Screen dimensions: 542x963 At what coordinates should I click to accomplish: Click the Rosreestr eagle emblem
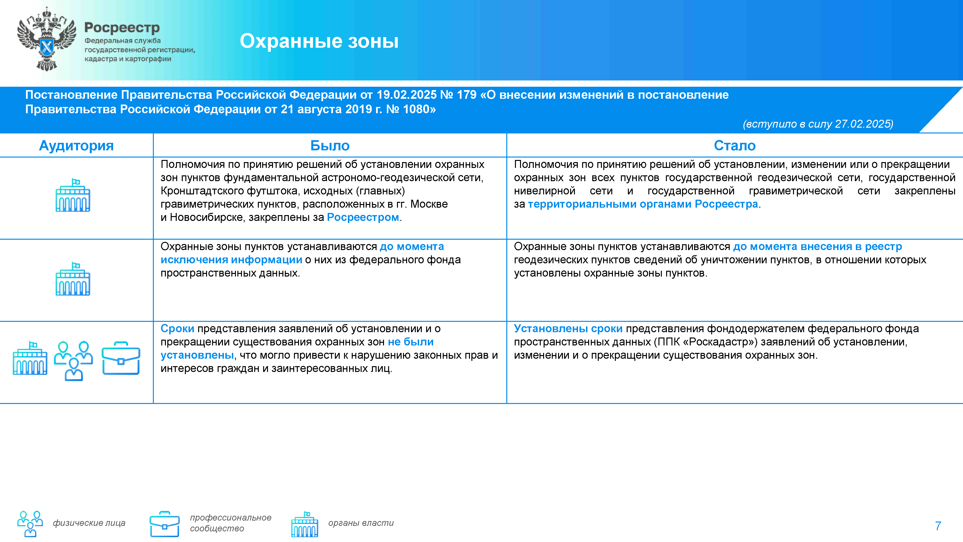click(x=46, y=39)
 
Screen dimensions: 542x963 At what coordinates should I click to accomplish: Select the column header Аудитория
click(x=76, y=145)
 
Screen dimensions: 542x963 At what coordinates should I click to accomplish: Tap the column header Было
click(x=330, y=145)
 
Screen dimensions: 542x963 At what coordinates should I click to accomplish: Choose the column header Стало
click(x=735, y=145)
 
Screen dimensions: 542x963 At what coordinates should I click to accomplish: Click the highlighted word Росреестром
click(x=363, y=217)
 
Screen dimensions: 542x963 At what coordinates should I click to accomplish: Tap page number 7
click(x=937, y=526)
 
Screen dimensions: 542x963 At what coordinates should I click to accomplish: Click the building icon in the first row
click(x=73, y=195)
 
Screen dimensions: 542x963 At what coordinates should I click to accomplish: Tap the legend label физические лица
click(x=89, y=523)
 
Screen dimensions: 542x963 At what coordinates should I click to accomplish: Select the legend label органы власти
click(x=361, y=523)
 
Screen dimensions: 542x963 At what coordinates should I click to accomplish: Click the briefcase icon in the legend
click(x=164, y=524)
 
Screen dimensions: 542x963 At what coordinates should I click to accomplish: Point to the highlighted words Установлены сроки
click(x=568, y=329)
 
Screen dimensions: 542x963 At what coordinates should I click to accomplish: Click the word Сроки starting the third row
click(x=177, y=329)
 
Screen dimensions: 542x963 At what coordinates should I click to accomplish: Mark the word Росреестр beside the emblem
click(x=122, y=27)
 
